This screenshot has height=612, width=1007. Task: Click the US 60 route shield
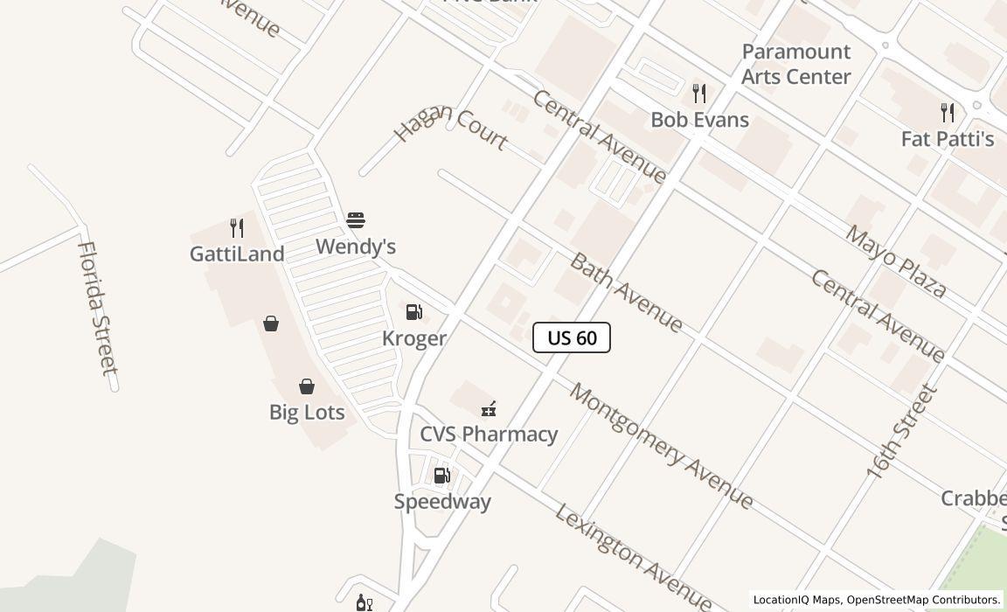[x=572, y=337]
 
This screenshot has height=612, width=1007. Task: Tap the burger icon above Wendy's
[x=356, y=219]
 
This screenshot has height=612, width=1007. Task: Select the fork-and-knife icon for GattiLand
[x=236, y=228]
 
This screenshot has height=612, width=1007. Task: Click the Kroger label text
[x=414, y=338]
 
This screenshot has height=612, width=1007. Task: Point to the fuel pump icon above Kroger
[x=414, y=312]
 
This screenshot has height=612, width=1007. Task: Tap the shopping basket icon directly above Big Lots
[x=307, y=386]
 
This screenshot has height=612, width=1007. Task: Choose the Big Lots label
[x=307, y=412]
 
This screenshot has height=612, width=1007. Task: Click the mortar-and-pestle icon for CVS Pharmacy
[x=489, y=408]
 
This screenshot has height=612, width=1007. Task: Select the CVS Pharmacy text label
[x=489, y=434]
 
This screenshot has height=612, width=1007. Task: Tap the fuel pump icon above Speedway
[x=442, y=476]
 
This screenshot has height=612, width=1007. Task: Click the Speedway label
[x=442, y=501]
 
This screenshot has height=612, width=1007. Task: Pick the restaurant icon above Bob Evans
[x=699, y=93]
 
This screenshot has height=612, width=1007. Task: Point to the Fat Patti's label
[x=948, y=139]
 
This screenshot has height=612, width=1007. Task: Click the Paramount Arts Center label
[x=795, y=64]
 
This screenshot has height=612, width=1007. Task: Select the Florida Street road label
[x=97, y=308]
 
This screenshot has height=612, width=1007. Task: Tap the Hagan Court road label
[x=451, y=127]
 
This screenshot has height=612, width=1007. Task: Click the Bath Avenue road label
[x=626, y=293]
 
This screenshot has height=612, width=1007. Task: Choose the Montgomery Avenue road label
[x=661, y=445]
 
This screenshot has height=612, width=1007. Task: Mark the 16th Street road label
[x=901, y=432]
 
